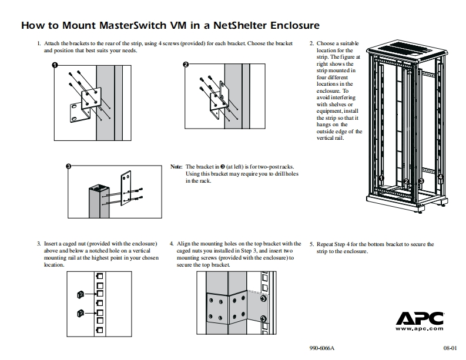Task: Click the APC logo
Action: [419, 319]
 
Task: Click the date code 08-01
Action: [450, 348]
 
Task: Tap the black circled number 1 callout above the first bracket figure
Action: [55, 65]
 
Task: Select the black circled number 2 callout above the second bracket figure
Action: [186, 65]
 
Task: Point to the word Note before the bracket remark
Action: [176, 167]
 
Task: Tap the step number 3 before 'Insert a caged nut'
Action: [38, 243]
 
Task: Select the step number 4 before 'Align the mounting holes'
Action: [171, 243]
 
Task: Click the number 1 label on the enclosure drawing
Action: [381, 178]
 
